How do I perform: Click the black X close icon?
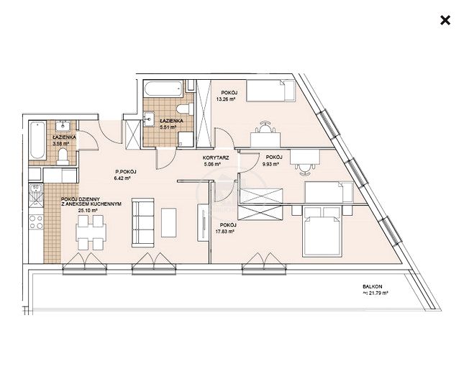(x=445, y=20)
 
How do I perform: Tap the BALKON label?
(x=372, y=286)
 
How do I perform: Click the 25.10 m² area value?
(x=88, y=210)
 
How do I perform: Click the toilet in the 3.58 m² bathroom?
(x=63, y=157)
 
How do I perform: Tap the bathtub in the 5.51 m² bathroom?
(x=163, y=88)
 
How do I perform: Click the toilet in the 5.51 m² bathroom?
(x=185, y=109)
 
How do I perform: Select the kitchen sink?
(x=36, y=195)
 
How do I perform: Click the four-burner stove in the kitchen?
(x=36, y=222)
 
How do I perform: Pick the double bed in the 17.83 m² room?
(x=322, y=231)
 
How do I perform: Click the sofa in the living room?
(x=142, y=222)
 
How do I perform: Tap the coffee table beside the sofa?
(x=168, y=222)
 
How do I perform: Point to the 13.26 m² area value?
(x=225, y=99)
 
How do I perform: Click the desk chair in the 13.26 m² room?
(x=265, y=127)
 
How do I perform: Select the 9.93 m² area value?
(x=270, y=163)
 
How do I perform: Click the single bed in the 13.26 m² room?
(x=270, y=90)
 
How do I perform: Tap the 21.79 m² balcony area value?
(x=376, y=293)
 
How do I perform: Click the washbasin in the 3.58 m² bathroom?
(x=63, y=125)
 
